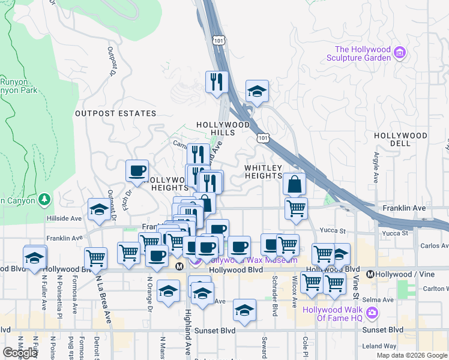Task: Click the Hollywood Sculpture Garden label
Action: click(x=363, y=53)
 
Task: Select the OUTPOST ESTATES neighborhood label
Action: click(x=115, y=113)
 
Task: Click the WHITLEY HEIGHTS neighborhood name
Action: click(x=264, y=172)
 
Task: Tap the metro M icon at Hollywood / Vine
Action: click(x=370, y=274)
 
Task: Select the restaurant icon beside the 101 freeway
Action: click(x=216, y=82)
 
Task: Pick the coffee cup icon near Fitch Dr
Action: click(x=137, y=170)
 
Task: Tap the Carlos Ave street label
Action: click(x=433, y=245)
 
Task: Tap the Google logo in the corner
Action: click(x=20, y=353)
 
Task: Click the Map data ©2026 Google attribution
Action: click(x=411, y=355)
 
